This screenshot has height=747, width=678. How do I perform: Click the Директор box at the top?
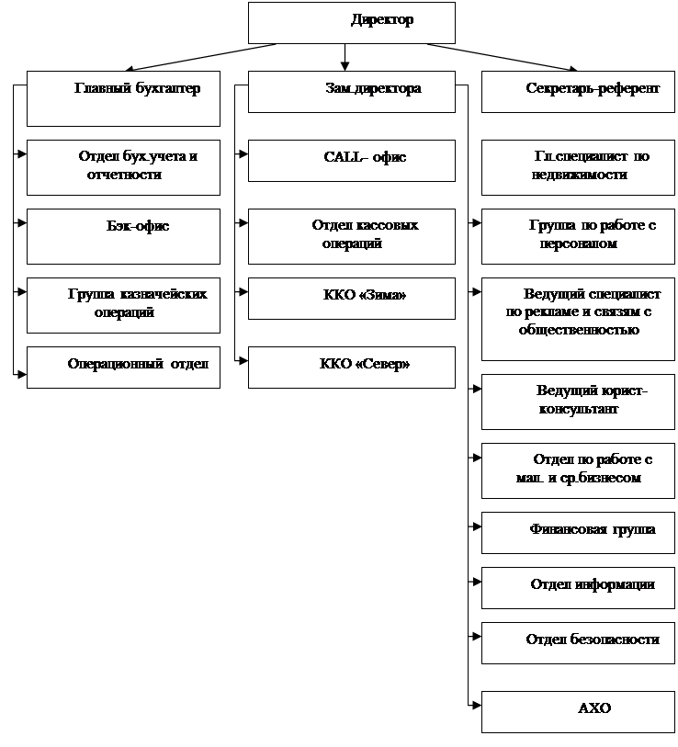pos(352,23)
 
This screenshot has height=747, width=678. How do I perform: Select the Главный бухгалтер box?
pos(123,98)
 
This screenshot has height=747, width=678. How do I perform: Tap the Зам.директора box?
pos(352,92)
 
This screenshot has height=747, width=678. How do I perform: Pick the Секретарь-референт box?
pos(578,92)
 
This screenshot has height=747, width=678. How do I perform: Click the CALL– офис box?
pos(352,161)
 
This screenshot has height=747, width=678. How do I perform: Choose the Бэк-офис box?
pos(123,236)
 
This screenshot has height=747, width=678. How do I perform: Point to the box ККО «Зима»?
pos(352,299)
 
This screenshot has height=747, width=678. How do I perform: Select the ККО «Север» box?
pos(352,368)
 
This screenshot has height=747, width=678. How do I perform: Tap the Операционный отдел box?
pos(123,368)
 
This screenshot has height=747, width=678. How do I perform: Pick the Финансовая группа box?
pos(578,533)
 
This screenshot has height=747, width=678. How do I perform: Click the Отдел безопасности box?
pos(578,642)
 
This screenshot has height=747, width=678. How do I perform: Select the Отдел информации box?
pos(578,588)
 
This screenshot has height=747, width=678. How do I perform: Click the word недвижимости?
pos(580,175)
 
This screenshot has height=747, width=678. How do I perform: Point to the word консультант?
pos(579,409)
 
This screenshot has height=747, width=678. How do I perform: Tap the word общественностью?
pos(579,330)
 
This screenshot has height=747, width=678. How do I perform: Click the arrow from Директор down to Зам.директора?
pos(345,57)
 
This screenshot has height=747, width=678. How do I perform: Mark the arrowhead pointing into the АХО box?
pos(477,705)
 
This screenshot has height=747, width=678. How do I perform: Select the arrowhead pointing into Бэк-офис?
pos(22,223)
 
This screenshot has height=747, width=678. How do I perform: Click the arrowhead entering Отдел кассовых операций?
pos(243,223)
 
